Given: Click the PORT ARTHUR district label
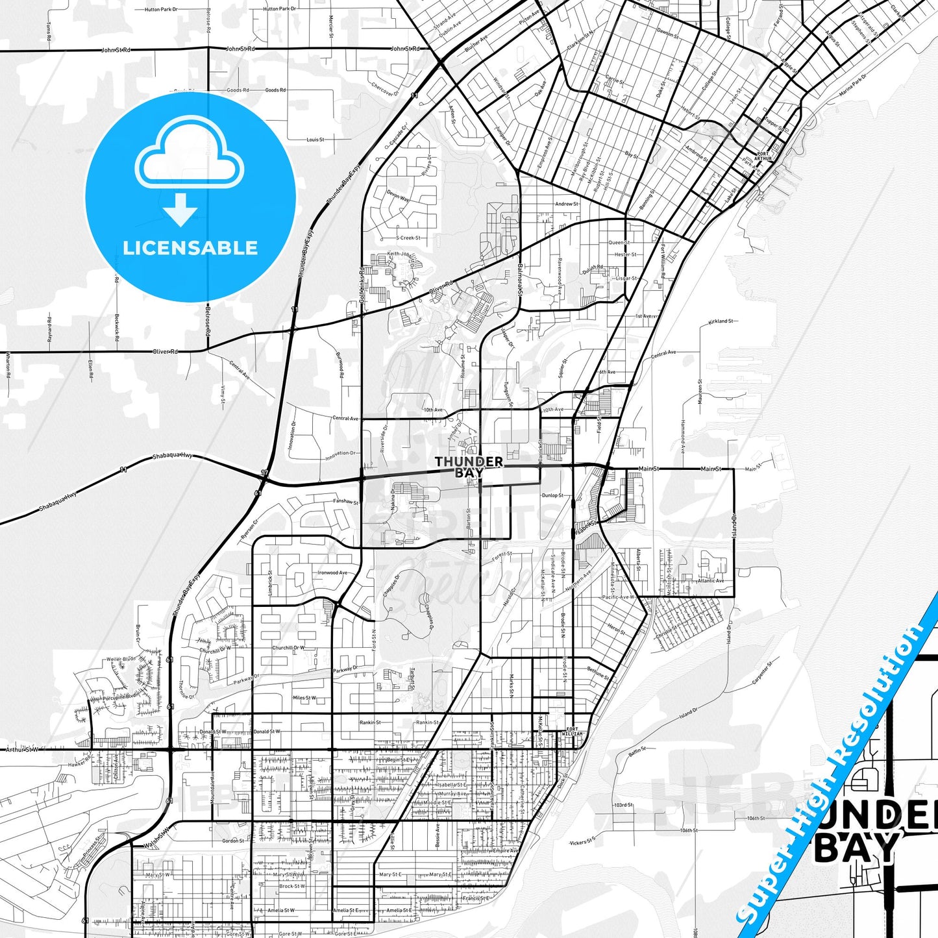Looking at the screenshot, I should (x=763, y=156).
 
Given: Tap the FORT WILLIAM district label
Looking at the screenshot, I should (x=572, y=732).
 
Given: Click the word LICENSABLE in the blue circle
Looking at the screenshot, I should (x=190, y=248).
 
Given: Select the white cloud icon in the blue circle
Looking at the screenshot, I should (x=190, y=160).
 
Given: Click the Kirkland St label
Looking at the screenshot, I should (x=721, y=321).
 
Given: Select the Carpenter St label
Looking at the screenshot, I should (x=762, y=673).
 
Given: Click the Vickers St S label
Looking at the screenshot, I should (x=582, y=843).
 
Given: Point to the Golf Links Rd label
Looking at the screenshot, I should (x=362, y=286).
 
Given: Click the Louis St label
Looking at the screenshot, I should (x=315, y=140).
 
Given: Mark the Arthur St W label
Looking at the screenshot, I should (x=22, y=749).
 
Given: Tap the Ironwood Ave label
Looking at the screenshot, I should (x=332, y=573).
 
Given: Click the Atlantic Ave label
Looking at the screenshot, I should (x=711, y=581).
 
